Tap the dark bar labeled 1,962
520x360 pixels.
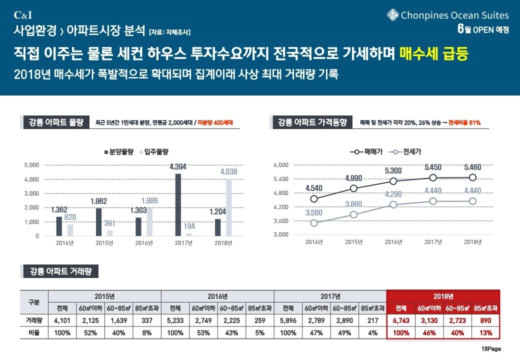click(x=99, y=221)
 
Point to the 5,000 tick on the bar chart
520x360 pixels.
click(x=32, y=164)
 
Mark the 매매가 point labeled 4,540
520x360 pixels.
click(x=314, y=198)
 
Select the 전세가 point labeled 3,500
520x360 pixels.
click(x=314, y=223)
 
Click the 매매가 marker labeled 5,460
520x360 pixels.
click(x=472, y=177)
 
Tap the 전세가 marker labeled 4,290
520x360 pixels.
click(x=393, y=204)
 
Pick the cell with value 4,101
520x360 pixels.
click(x=62, y=320)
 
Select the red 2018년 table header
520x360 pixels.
click(x=443, y=296)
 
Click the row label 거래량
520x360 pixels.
click(x=34, y=320)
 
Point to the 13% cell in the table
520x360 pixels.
click(x=485, y=332)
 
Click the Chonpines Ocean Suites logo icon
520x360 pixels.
click(x=392, y=15)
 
